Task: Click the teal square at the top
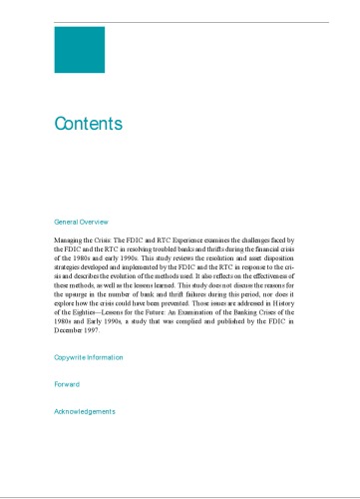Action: pyautogui.click(x=79, y=50)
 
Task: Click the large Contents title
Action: pyautogui.click(x=89, y=125)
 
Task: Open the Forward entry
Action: pyautogui.click(x=66, y=383)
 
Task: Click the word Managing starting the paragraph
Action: pyautogui.click(x=71, y=242)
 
